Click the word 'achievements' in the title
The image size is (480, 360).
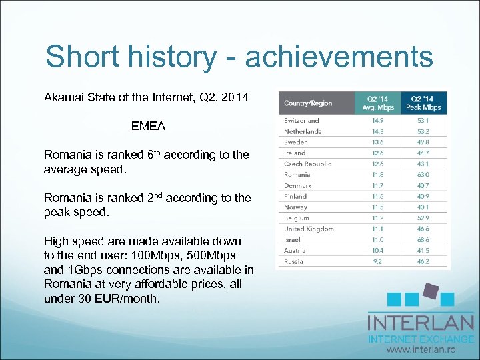point(339,57)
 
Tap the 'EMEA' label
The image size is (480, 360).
point(148,125)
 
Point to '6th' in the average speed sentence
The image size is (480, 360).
point(153,154)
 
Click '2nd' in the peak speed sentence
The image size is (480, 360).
point(155,197)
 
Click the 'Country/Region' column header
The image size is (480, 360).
point(308,103)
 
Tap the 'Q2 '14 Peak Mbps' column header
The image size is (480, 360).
point(424,103)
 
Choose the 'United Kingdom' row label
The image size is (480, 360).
point(309,229)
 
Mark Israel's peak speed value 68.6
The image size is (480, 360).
point(423,239)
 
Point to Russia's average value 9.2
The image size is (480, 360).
point(377,261)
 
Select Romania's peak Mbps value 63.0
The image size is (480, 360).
point(423,175)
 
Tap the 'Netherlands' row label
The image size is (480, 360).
point(303,131)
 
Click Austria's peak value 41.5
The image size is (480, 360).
point(423,250)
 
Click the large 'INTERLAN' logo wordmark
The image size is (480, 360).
point(421,323)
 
